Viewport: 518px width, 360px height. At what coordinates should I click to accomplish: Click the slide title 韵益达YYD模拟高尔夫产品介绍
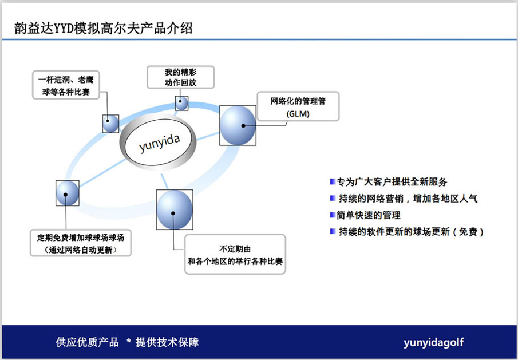104,28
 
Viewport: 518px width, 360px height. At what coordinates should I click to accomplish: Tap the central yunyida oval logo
158,142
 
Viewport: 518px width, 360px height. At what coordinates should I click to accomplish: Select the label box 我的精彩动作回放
180,77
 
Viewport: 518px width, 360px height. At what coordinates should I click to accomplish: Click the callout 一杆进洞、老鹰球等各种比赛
66,85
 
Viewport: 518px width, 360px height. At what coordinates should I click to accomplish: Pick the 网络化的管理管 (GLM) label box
298,106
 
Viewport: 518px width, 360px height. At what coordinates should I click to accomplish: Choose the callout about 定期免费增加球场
81,243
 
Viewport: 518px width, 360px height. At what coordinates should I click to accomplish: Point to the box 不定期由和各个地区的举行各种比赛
235,254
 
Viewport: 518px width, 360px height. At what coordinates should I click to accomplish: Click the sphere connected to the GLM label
238,125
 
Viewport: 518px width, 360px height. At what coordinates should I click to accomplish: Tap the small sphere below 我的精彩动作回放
181,104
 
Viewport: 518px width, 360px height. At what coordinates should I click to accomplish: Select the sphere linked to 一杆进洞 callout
110,124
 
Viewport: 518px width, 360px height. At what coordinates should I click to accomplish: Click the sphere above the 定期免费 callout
68,193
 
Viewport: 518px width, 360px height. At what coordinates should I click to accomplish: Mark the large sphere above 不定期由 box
175,209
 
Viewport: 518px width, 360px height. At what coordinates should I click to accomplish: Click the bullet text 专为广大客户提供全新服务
392,181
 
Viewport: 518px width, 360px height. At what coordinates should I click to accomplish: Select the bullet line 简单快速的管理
369,215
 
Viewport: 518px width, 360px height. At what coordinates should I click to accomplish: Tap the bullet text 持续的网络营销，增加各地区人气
408,199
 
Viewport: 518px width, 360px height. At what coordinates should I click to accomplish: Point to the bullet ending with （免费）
411,232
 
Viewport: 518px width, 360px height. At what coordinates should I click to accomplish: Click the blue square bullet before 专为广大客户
333,181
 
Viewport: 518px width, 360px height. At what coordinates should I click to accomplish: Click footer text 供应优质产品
87,342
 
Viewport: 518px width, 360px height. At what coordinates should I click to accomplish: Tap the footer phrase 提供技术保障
167,342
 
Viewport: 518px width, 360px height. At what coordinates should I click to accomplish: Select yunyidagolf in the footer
433,342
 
